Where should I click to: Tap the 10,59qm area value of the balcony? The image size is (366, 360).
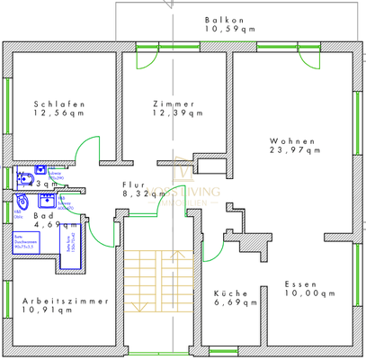coord(230,29)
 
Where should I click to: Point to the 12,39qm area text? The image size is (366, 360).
coord(174,113)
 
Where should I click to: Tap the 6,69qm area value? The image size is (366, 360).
coord(233,304)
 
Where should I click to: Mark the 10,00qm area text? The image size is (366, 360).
coord(308,293)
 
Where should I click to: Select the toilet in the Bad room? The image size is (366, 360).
coord(23,201)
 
